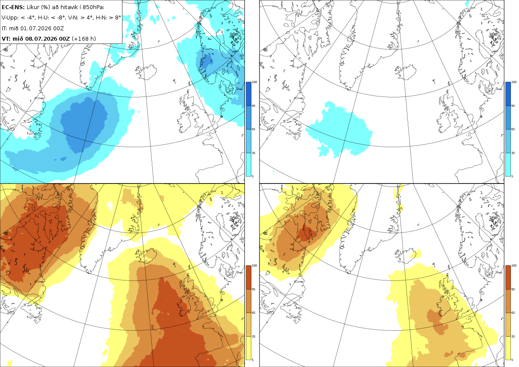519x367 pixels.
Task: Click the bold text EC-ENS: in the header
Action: coord(13,7)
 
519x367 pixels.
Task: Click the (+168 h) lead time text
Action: coord(84,39)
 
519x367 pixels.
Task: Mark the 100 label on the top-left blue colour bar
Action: coord(254,82)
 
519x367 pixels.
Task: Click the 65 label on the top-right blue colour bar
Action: coord(513,129)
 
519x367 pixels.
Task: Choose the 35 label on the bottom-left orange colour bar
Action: coord(253,336)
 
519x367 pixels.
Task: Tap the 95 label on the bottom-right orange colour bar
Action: coord(513,290)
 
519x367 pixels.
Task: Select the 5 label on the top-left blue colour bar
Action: coord(253,176)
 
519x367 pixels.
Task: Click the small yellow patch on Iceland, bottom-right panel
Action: coord(416,254)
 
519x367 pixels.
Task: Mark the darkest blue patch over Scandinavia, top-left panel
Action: coord(206,62)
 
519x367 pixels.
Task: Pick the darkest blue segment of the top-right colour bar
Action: coord(508,94)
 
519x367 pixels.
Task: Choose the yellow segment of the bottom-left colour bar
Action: coord(248,348)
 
